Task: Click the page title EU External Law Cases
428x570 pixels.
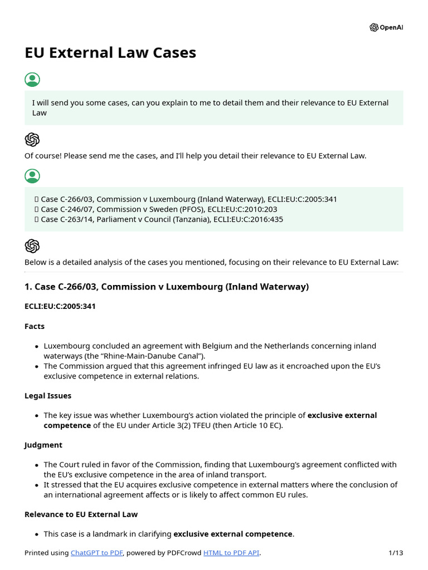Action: (110, 52)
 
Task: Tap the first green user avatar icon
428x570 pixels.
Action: (32, 80)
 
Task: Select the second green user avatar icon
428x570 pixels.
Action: (32, 176)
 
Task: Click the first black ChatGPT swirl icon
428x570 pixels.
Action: (32, 140)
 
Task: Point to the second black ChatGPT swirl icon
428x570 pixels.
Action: (32, 246)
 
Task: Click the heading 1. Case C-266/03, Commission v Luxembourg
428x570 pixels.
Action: (166, 287)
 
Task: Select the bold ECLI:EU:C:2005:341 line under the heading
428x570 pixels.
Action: (60, 306)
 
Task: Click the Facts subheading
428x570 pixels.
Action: (35, 326)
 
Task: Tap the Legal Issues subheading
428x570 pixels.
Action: (48, 396)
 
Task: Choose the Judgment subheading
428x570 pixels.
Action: (43, 445)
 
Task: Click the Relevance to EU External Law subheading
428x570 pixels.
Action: (81, 514)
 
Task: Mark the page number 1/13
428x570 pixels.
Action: (395, 553)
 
